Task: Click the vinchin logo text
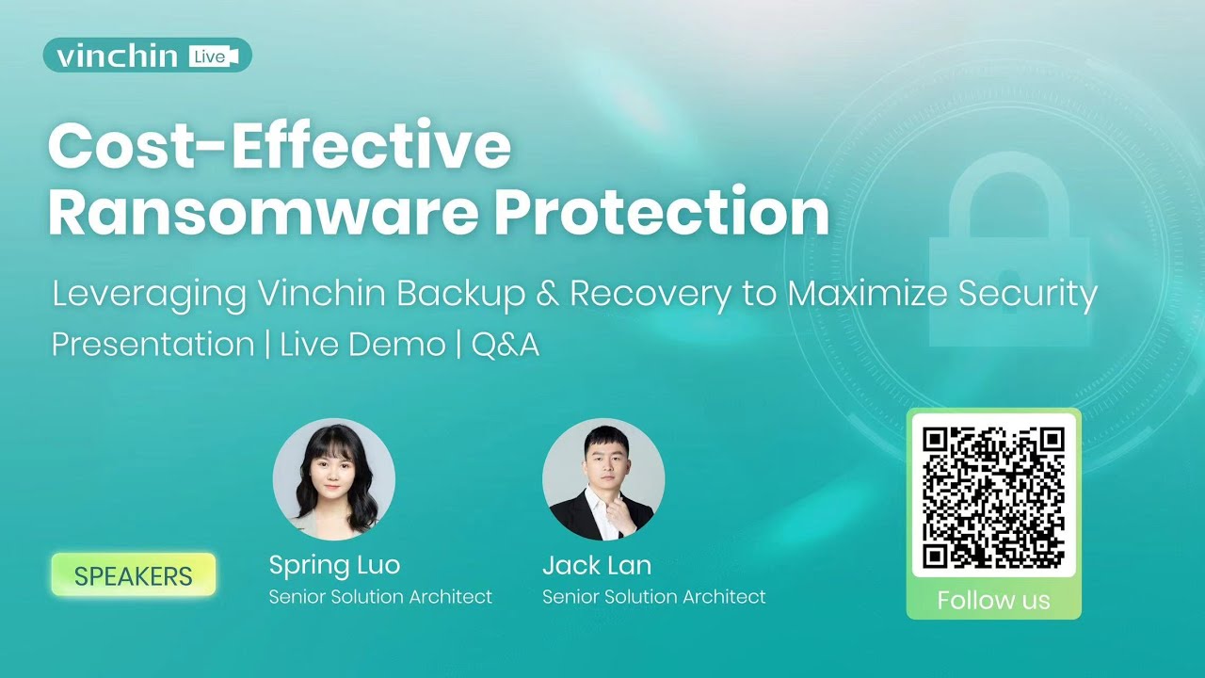coord(117,56)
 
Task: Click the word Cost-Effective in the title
coord(280,147)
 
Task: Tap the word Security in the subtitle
coord(1028,295)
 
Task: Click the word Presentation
coord(153,345)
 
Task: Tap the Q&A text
coord(506,345)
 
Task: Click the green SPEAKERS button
coord(134,575)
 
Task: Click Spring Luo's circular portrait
coord(334,480)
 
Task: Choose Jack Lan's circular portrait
coord(603,480)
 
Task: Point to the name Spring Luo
coord(334,565)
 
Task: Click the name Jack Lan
coord(597,565)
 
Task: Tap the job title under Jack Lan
coord(654,597)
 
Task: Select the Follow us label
coord(993,601)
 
